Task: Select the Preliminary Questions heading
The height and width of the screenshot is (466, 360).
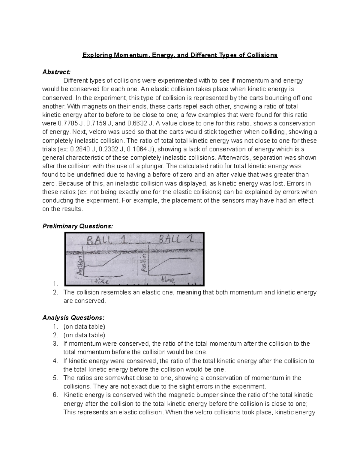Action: click(x=78, y=226)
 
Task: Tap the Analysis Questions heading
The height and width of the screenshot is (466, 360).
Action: click(x=73, y=318)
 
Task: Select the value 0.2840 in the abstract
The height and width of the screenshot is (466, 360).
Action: click(x=79, y=149)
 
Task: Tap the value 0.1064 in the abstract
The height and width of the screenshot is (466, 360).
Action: click(x=139, y=149)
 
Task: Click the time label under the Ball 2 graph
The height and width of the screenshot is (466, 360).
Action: click(x=168, y=280)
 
